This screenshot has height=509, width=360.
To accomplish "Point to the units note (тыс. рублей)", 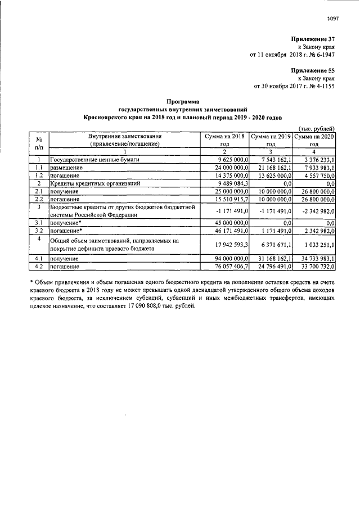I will coord(317,129).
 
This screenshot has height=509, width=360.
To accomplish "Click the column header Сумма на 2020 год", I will coord(315,140).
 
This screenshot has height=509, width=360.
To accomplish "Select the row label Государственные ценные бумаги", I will coord(94,160).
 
